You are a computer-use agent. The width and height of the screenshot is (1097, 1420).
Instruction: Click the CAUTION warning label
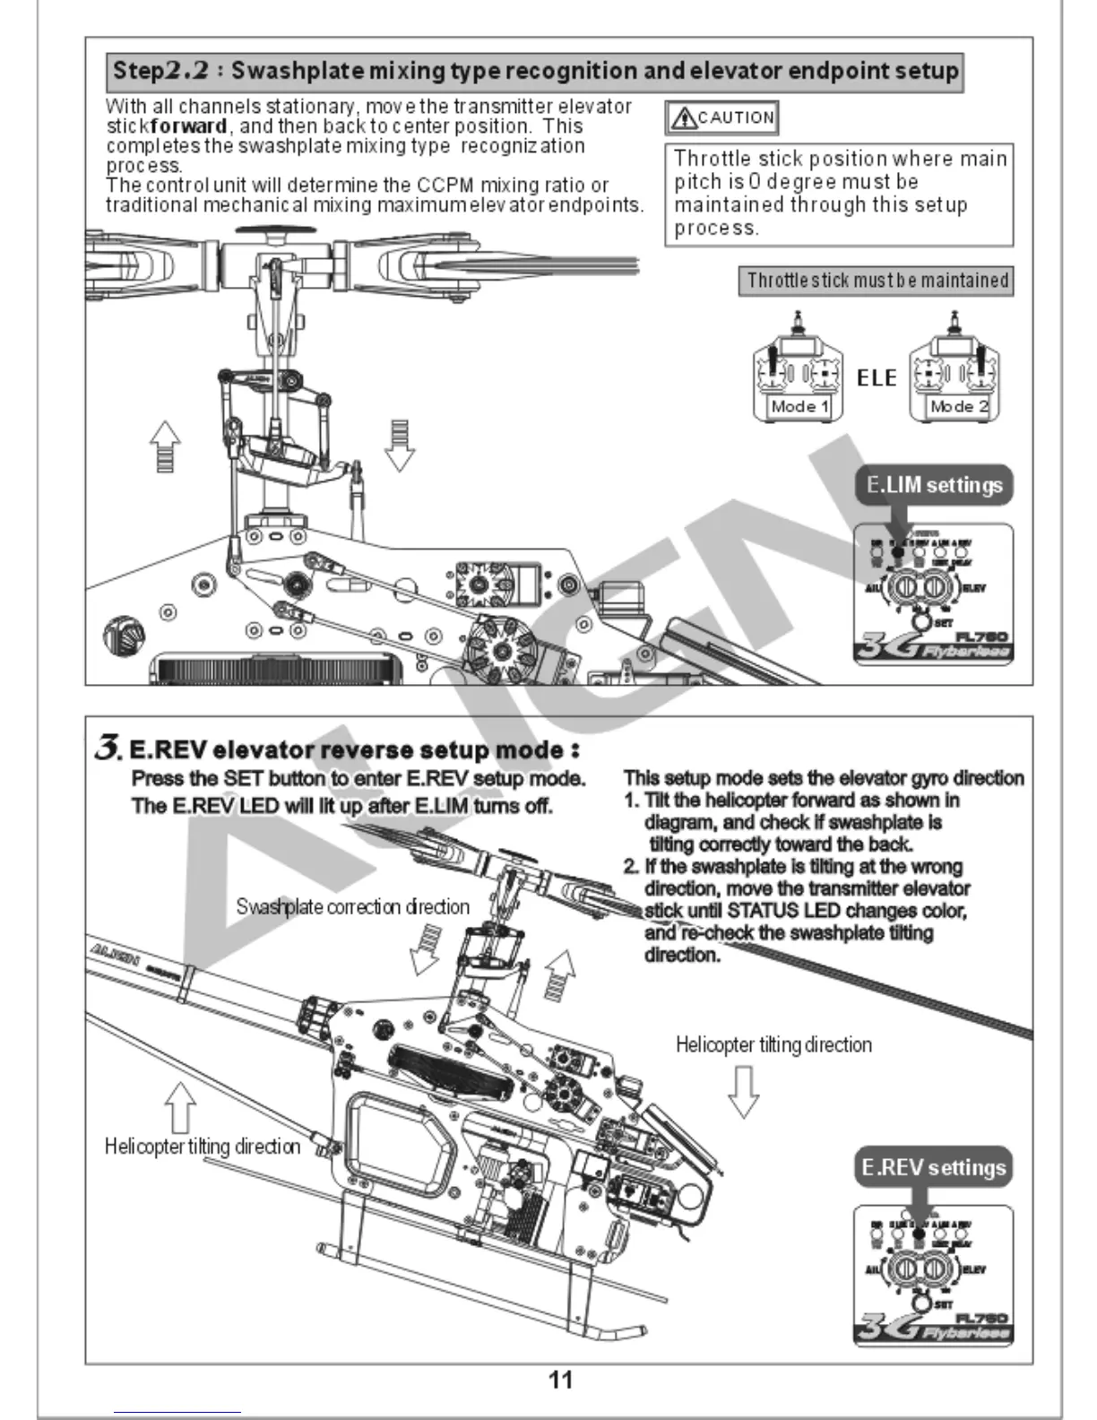click(721, 117)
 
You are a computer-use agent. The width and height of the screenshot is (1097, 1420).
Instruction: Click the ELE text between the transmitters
click(877, 377)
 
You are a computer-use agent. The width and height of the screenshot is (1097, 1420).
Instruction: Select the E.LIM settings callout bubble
click(935, 485)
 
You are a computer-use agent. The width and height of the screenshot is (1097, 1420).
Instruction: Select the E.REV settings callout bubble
click(933, 1167)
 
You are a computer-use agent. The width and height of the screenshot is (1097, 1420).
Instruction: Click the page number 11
click(560, 1380)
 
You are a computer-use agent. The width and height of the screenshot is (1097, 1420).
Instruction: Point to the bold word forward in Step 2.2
click(189, 126)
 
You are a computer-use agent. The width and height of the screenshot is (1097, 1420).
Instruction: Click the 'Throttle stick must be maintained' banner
click(877, 281)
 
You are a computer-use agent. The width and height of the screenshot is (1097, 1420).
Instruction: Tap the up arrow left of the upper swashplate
click(165, 446)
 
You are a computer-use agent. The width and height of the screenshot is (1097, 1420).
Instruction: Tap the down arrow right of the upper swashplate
click(400, 446)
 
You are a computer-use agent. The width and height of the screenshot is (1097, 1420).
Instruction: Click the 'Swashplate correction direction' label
click(352, 906)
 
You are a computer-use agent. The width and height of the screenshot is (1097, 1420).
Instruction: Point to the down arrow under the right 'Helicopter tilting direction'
click(743, 1090)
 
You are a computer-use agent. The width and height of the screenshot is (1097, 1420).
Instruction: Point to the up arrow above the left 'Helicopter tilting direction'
click(181, 1106)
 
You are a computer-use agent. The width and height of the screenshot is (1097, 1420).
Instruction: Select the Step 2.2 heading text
click(535, 71)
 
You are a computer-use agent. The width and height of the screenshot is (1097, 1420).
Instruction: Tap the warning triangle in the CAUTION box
click(684, 117)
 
